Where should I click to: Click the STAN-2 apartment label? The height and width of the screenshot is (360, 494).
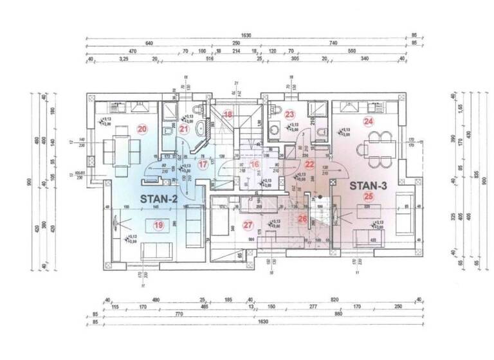(158, 198)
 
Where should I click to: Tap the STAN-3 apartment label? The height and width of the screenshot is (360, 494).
(369, 185)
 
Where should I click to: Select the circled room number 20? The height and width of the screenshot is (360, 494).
(142, 129)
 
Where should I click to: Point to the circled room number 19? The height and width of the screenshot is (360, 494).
(158, 224)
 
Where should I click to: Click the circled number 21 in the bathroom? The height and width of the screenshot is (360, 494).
(184, 129)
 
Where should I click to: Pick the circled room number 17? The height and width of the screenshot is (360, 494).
(203, 165)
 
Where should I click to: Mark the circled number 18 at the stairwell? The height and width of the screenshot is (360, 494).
(228, 114)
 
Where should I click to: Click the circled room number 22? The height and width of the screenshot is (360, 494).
(309, 164)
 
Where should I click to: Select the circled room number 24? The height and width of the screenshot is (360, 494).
(368, 121)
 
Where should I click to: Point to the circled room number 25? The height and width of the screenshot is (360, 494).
(369, 197)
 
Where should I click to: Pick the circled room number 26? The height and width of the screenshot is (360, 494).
(303, 218)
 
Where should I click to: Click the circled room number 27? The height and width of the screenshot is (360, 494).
(248, 224)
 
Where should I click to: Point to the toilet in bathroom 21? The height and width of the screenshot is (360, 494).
(168, 132)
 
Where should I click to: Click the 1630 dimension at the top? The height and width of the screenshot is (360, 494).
(247, 36)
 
